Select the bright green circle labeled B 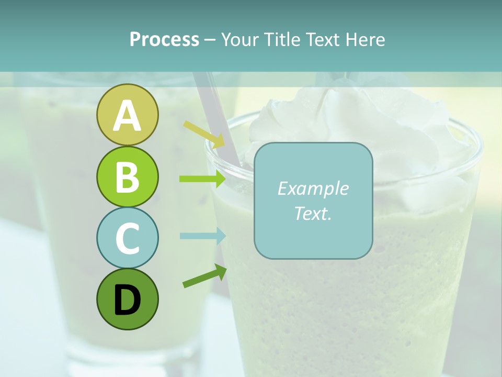click(127, 176)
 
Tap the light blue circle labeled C click(127, 238)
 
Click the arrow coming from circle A click(204, 134)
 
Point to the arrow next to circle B click(202, 179)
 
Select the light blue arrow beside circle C click(202, 236)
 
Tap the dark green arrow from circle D click(204, 276)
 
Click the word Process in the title click(164, 39)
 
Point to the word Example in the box click(313, 188)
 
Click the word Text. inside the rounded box click(313, 213)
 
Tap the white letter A click(127, 116)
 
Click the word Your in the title click(239, 39)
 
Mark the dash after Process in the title click(210, 40)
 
